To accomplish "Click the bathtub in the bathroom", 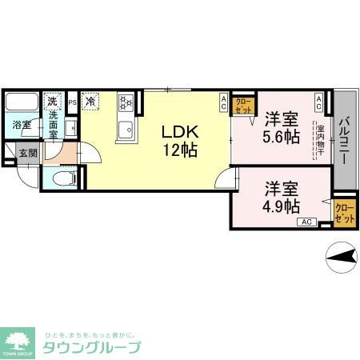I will pos(22,103).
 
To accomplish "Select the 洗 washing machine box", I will pos(52,102).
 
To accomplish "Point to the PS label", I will pos(72,102).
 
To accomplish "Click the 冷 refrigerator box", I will pos(90,102).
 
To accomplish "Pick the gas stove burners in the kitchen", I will pos(125,102).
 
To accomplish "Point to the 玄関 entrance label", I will pos(27,153).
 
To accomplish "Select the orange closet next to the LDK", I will pos(242,104).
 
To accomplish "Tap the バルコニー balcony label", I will pos(344,142).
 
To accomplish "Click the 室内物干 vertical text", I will pos(320,141).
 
